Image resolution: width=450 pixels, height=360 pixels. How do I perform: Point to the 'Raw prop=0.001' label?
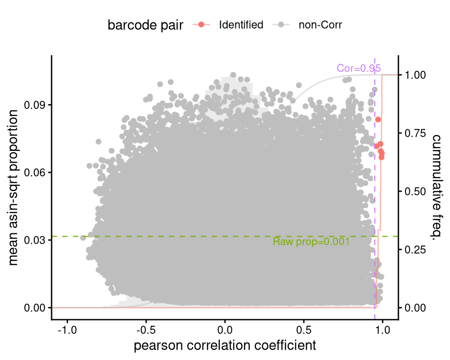point(311,242)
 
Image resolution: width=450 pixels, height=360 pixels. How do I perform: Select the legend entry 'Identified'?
point(241,25)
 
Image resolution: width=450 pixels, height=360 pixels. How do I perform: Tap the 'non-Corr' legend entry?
point(320,25)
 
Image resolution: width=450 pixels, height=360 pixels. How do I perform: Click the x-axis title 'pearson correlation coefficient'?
point(225,346)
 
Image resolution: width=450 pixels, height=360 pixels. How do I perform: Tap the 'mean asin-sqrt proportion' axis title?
point(14,187)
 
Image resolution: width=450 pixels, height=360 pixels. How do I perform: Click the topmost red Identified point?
point(378,120)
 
